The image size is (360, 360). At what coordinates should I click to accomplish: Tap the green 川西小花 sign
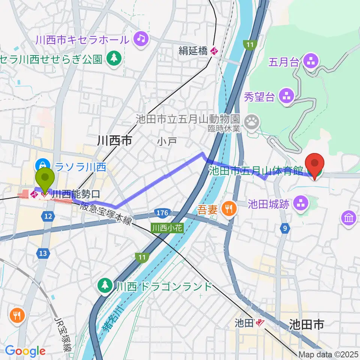click(x=167, y=228)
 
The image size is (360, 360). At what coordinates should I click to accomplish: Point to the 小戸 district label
click(x=164, y=142)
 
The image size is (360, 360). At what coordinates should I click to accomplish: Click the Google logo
click(x=25, y=351)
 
